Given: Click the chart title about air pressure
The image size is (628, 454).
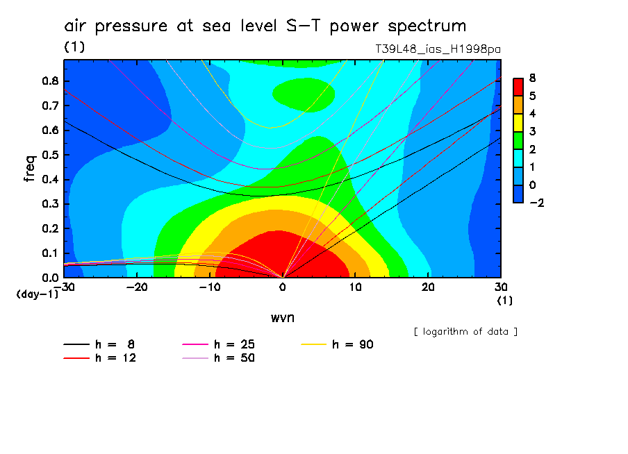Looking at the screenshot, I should [265, 26].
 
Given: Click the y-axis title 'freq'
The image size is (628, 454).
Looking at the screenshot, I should [30, 169].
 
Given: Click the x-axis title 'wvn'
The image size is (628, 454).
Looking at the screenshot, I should [282, 317].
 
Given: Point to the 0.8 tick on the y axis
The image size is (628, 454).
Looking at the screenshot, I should [51, 81].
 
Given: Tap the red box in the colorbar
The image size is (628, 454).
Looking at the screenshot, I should [518, 86].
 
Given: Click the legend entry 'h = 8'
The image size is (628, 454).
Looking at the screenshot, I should [112, 344].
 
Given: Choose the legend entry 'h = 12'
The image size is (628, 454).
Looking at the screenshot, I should [112, 358].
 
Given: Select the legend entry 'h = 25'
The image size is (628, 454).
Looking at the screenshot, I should [231, 344].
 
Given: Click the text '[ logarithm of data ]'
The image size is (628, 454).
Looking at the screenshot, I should [465, 331].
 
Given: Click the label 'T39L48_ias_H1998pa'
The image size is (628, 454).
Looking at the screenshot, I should [438, 49].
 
